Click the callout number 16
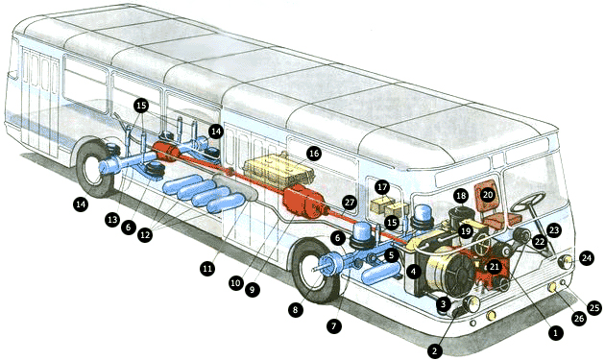pos(314,154)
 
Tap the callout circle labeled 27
pos(350,203)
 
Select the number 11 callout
pos(207,268)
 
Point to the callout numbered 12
pos(145,235)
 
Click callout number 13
pos(112,220)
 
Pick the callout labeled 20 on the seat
pos(488,195)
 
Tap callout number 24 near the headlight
pos(587,257)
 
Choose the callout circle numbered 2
pos(435,351)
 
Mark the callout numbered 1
pos(556,332)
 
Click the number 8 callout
pos(295,310)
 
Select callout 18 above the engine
pos(461,196)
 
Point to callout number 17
pos(382,188)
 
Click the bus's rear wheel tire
pos(93,169)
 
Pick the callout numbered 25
pos(594,308)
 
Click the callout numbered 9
pos(253,289)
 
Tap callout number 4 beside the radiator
pos(414,272)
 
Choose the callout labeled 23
pos(554,230)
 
